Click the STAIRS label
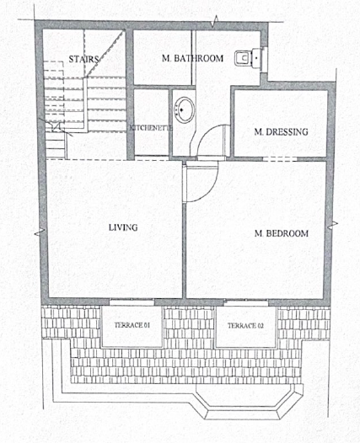coord(84,59)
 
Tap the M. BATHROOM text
coord(192,58)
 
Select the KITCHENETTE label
coord(151,128)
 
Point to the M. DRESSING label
coord(281,131)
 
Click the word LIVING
coord(123,227)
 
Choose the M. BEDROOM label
coord(282,233)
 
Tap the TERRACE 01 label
coord(132,325)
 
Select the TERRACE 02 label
coord(245,326)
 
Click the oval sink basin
coord(185,109)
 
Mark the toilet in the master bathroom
coord(250,58)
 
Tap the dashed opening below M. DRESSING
coord(280,159)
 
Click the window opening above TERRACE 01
coord(132,302)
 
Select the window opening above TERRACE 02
coord(246,302)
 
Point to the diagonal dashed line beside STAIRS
coord(105,54)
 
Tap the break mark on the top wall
coord(216,23)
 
